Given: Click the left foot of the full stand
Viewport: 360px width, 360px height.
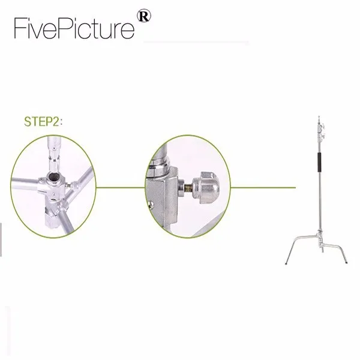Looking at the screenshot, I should coord(286,262).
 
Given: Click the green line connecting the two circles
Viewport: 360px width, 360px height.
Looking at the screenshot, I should coord(120,187).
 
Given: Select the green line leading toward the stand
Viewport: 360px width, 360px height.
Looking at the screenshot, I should coord(264,187).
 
